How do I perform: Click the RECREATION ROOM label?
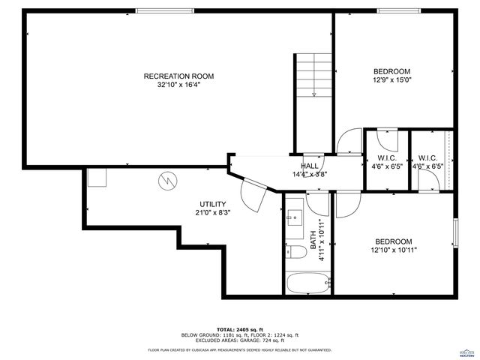pos(178,76)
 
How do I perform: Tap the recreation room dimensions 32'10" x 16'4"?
pos(178,85)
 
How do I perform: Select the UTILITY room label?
pos(212,204)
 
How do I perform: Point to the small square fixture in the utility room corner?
pos(97,177)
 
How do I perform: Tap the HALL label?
pos(309,166)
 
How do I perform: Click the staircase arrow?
pos(313,93)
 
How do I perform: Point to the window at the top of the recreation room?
pos(158,10)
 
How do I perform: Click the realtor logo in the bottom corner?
pos(466,352)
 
